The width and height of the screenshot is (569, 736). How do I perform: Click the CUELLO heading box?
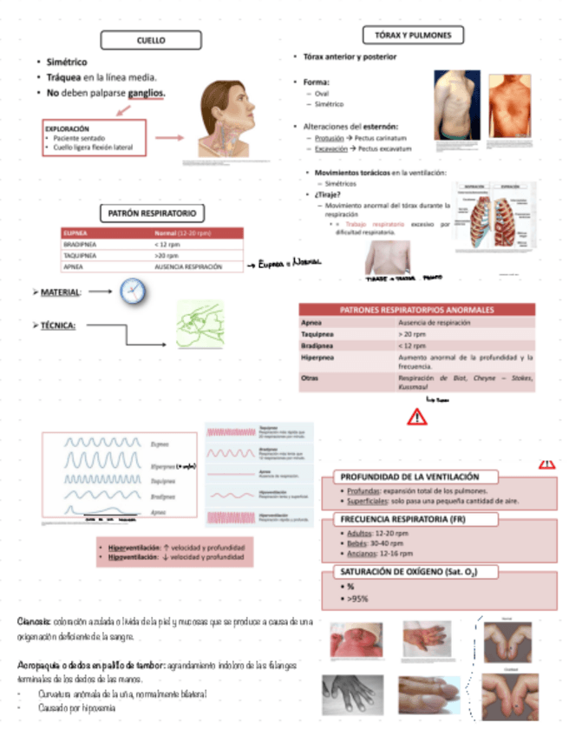152,40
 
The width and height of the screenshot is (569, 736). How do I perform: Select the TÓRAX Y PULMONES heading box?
413,35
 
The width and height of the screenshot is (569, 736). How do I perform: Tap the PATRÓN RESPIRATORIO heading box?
152,213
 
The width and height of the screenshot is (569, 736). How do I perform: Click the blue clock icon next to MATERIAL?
134,291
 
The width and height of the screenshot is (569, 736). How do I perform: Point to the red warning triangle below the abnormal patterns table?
416,417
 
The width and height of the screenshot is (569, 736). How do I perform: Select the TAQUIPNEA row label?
81,256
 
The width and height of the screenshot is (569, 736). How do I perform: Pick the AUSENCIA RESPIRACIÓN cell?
188,267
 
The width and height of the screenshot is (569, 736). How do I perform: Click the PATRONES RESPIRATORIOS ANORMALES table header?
416,309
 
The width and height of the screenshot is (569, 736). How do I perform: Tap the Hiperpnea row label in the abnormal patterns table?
314,357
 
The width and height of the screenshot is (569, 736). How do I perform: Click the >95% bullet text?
356,598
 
